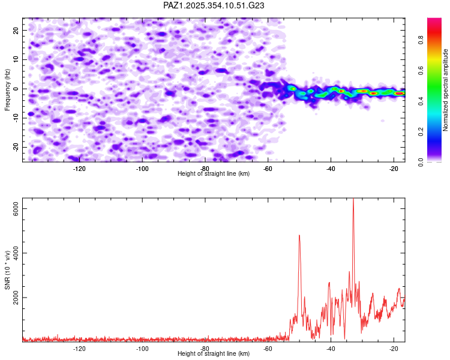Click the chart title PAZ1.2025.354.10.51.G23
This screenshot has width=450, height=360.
pos(214,5)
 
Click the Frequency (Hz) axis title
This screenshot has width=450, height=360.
pos(7,88)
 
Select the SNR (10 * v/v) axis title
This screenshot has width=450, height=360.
pos(7,272)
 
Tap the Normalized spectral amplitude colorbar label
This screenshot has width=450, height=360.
pos(446,90)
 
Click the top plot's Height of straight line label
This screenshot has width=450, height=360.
pos(214,174)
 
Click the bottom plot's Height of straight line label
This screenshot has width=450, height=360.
pos(214,354)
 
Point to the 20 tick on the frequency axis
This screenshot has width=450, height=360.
pos(16,30)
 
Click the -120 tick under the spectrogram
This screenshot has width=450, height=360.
pos(80,169)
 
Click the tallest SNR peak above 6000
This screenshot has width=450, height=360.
pos(353,199)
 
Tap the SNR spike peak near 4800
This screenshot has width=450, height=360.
pos(299,235)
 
